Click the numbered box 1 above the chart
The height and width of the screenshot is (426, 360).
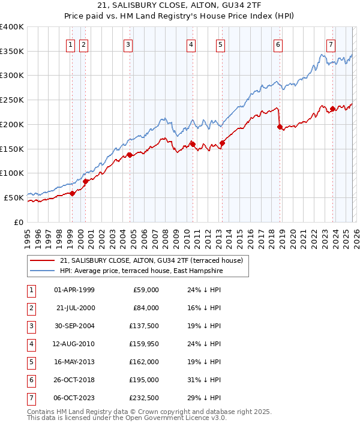coord(71,44)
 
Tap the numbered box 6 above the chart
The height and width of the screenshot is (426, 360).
coord(278,44)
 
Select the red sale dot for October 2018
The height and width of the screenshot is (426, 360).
coord(280,127)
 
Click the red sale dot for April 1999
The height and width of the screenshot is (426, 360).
coord(72,193)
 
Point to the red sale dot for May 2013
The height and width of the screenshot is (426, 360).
coord(222,143)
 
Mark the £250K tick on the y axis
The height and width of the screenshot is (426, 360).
coord(13,100)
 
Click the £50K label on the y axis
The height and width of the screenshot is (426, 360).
coord(13,197)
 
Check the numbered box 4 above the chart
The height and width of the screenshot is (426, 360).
coord(190,44)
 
